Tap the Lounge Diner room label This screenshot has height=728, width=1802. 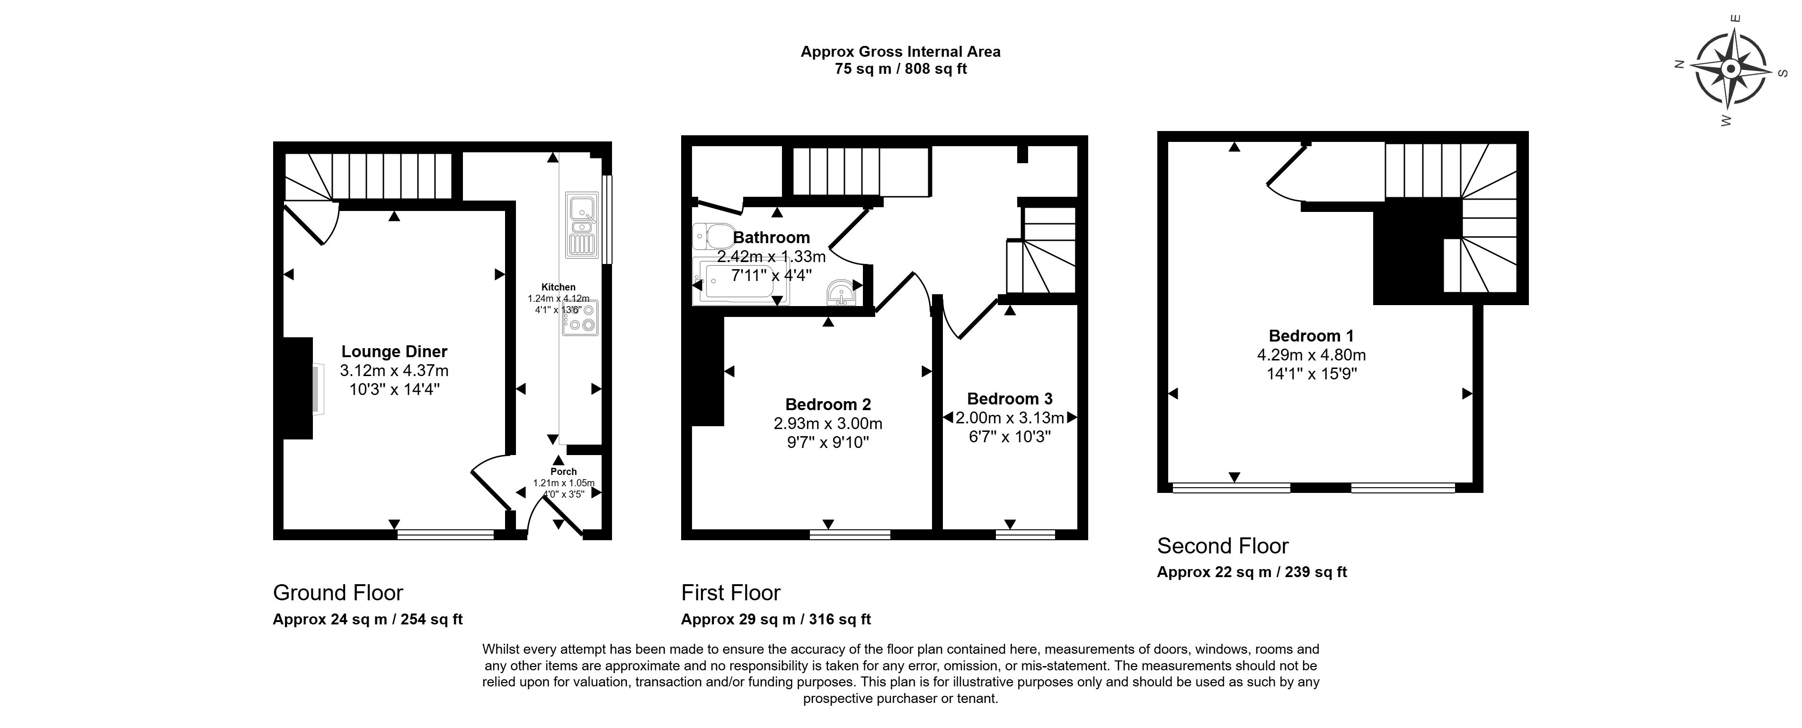click(394, 352)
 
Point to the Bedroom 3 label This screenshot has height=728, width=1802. click(1010, 399)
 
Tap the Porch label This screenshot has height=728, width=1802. click(563, 471)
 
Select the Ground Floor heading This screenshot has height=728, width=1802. click(338, 593)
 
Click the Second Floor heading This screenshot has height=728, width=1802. click(1222, 545)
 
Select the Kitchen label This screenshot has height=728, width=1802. click(558, 287)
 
